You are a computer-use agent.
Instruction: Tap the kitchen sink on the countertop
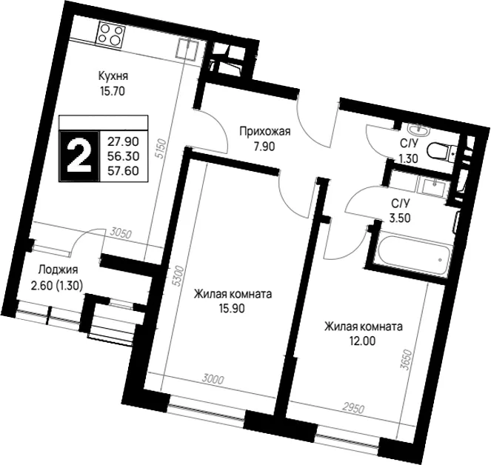click(187, 49)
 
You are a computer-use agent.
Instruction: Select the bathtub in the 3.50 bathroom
click(412, 255)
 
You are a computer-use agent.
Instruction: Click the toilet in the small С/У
click(441, 152)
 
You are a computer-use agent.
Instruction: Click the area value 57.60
click(123, 171)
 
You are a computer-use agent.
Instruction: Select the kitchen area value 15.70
click(113, 91)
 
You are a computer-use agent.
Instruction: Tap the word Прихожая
click(265, 132)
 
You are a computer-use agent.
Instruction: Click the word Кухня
click(113, 76)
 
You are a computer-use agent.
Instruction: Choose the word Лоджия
click(59, 270)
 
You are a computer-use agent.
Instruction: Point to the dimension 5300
click(178, 276)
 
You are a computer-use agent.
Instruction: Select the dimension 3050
click(121, 233)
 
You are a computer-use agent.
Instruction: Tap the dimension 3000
click(213, 380)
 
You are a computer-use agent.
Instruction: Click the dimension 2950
click(353, 408)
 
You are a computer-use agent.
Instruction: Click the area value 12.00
click(362, 341)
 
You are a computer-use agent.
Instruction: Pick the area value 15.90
click(232, 309)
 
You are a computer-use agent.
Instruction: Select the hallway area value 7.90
click(264, 146)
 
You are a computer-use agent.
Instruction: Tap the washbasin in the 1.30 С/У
click(419, 130)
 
